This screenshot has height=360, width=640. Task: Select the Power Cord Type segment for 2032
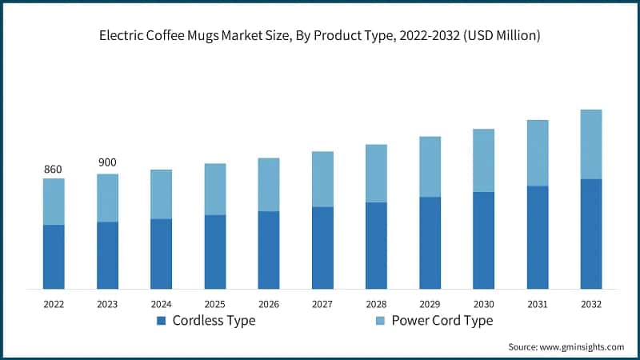(x=590, y=144)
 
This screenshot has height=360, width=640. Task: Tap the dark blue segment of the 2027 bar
(x=322, y=247)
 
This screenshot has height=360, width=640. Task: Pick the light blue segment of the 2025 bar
(x=215, y=189)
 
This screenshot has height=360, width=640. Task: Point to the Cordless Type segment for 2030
(x=483, y=240)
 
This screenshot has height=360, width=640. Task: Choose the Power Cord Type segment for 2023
(x=107, y=198)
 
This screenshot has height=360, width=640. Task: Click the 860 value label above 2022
(x=53, y=170)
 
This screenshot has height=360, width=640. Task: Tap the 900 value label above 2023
(x=107, y=162)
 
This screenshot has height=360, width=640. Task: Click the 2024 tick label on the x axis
(x=161, y=304)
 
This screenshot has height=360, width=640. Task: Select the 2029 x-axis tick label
(x=430, y=304)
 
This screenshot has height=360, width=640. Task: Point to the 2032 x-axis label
(x=590, y=304)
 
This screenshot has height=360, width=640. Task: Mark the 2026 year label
(x=269, y=304)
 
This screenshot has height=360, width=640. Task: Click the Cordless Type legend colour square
(x=161, y=321)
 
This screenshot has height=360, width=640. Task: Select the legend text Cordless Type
(x=212, y=321)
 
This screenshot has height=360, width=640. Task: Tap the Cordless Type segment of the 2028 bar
(x=376, y=245)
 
